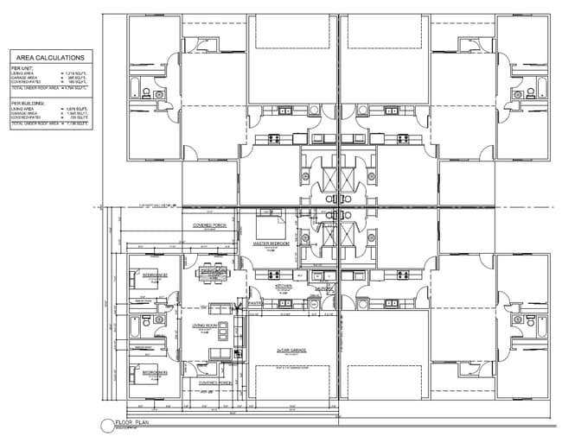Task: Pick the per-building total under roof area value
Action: point(76,124)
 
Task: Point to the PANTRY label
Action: point(255,303)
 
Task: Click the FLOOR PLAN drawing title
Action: point(134,423)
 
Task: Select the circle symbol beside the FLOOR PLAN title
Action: point(106,425)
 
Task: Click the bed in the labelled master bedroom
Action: point(271,227)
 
